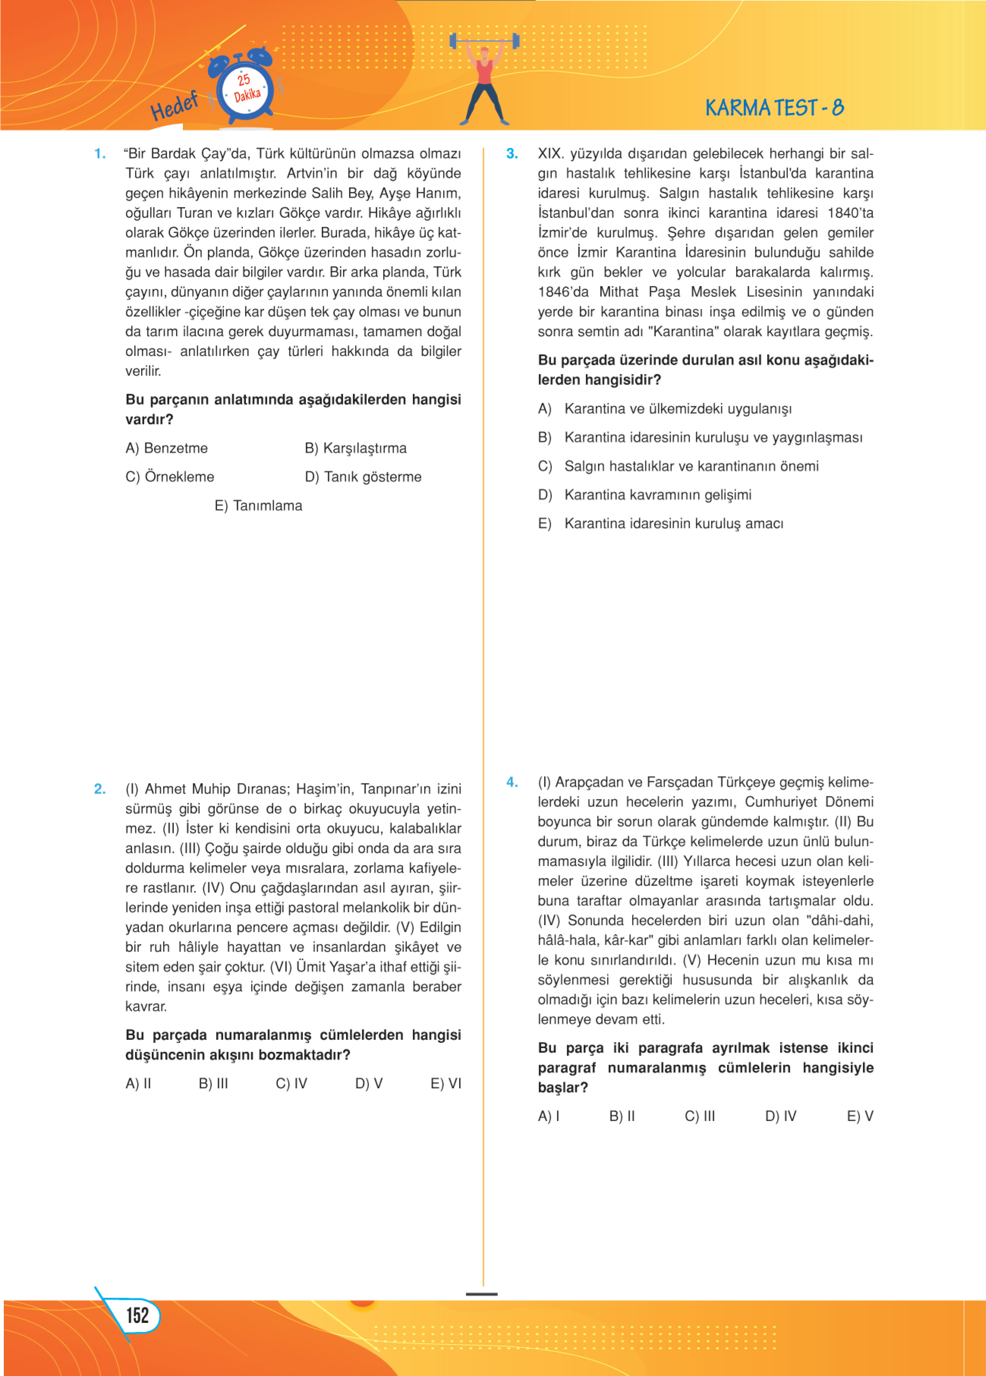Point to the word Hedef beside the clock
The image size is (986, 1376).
174,106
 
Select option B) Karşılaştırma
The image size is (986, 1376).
356,448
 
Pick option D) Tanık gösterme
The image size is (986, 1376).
363,477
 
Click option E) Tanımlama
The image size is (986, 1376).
258,505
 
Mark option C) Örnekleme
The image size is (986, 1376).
170,477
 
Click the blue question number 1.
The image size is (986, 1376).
100,154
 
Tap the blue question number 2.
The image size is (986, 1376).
100,789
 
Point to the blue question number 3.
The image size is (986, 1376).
512,154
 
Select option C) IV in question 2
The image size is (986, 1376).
291,1084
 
